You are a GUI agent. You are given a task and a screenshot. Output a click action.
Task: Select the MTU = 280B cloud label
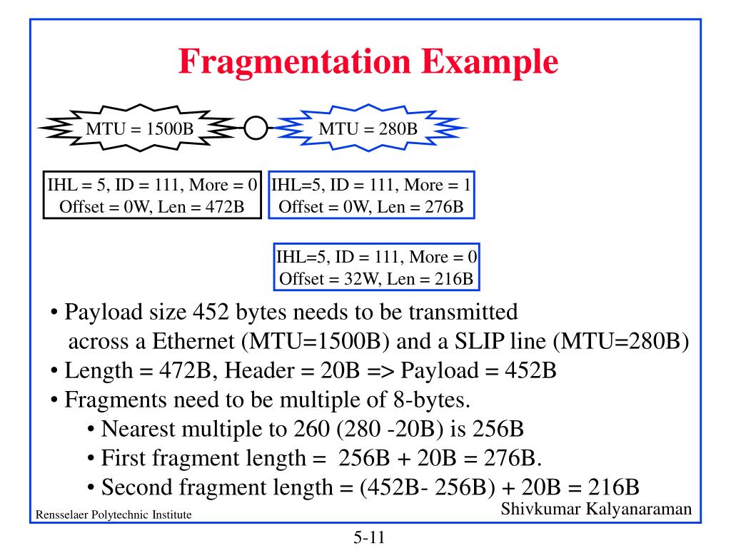point(368,128)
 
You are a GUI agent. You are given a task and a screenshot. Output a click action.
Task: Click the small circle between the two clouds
point(256,128)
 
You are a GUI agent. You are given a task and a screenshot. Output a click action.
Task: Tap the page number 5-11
point(369,536)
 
